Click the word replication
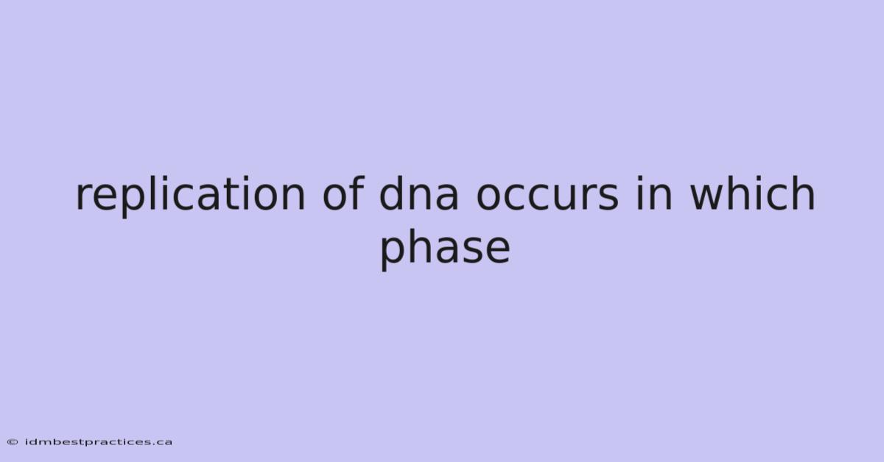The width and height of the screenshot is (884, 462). [190, 196]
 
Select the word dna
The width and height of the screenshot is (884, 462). [418, 193]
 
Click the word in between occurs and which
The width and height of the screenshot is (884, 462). [653, 193]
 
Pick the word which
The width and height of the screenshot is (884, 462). [752, 193]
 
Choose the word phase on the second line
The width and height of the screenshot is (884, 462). [445, 249]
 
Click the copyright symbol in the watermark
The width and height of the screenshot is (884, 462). [13, 442]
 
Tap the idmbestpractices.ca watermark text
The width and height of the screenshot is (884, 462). [99, 442]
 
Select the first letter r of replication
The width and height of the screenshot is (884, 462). [84, 196]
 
